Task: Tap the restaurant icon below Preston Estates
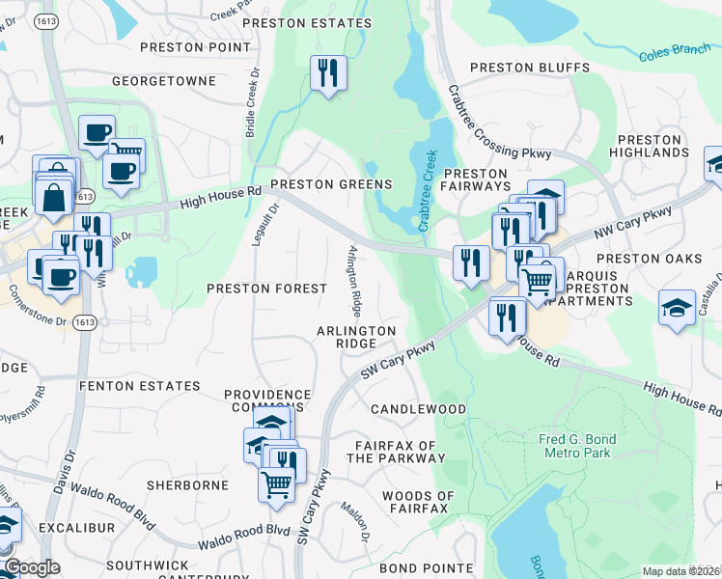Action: pyautogui.click(x=328, y=73)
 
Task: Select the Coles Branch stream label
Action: pyautogui.click(x=674, y=52)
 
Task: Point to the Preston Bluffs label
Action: pyautogui.click(x=530, y=68)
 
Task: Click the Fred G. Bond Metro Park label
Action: pyautogui.click(x=577, y=446)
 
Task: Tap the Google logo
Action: pyautogui.click(x=32, y=568)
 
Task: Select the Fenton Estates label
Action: pyautogui.click(x=138, y=386)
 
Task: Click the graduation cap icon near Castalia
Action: pyautogui.click(x=677, y=309)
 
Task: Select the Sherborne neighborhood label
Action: pyautogui.click(x=187, y=484)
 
